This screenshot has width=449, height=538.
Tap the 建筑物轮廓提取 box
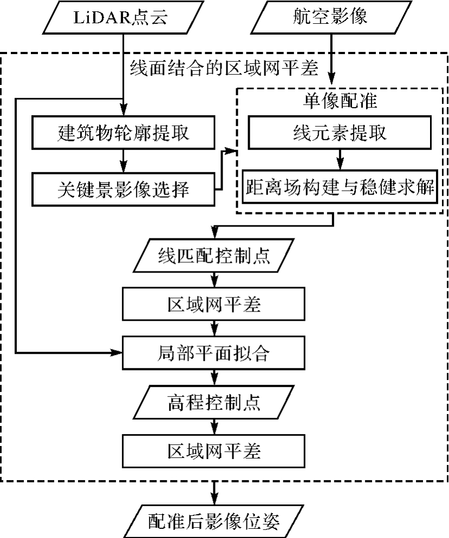[x=123, y=132]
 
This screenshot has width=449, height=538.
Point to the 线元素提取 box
[x=340, y=132]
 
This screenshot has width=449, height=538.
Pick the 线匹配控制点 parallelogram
[x=215, y=256]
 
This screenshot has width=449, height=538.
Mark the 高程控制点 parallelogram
[x=215, y=402]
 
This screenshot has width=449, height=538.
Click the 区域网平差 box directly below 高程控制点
[x=215, y=450]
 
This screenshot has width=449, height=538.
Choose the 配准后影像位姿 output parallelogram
[x=215, y=520]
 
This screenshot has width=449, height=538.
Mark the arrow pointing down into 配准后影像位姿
[x=215, y=493]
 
